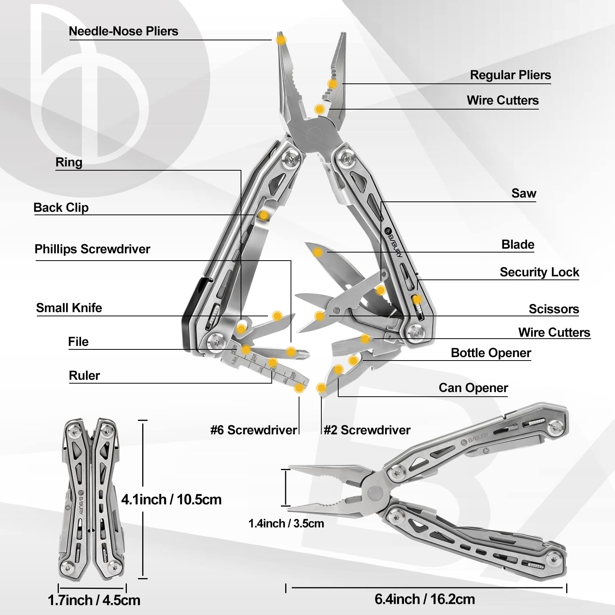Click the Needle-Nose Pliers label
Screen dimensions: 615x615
pyautogui.click(x=123, y=31)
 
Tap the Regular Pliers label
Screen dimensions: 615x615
pyautogui.click(x=510, y=75)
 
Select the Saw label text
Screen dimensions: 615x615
pyautogui.click(x=524, y=193)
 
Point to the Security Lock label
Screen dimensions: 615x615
pyautogui.click(x=539, y=272)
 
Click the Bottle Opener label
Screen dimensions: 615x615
pyautogui.click(x=490, y=353)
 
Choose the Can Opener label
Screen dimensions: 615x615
pyautogui.click(x=473, y=388)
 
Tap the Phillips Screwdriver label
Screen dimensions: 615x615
pyautogui.click(x=92, y=249)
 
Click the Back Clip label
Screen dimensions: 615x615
pyautogui.click(x=61, y=208)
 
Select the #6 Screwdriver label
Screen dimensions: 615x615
pyautogui.click(x=254, y=430)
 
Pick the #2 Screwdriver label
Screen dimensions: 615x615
pyautogui.click(x=367, y=430)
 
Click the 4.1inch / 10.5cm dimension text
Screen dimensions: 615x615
pyautogui.click(x=171, y=500)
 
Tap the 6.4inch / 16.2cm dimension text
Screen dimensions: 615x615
pyautogui.click(x=425, y=599)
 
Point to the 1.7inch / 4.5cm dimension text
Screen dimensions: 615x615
pyautogui.click(x=94, y=600)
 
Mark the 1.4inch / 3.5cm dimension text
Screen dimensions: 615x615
pyautogui.click(x=286, y=524)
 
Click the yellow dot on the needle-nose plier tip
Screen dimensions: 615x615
pyautogui.click(x=281, y=40)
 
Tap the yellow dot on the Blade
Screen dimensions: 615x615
pyautogui.click(x=318, y=253)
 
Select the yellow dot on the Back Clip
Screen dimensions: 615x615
pyautogui.click(x=263, y=215)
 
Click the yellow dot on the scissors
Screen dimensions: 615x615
pyautogui.click(x=319, y=316)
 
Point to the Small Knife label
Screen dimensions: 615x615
pyautogui.click(x=69, y=308)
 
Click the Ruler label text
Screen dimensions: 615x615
pyautogui.click(x=84, y=376)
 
